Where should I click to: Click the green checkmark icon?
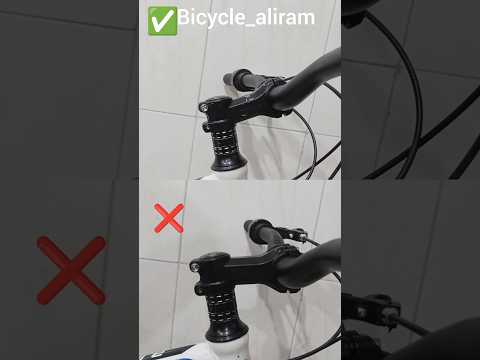click(x=162, y=21)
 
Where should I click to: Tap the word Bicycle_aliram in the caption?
click(x=246, y=17)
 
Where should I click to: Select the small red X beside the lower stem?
click(x=169, y=218)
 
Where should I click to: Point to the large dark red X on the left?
click(x=71, y=270)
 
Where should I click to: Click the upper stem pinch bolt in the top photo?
click(x=204, y=107)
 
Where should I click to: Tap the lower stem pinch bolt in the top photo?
click(x=206, y=127)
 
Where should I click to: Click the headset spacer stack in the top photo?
click(x=224, y=144)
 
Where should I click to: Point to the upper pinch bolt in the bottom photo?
click(x=195, y=267)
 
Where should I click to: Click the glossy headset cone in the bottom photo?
click(x=227, y=332)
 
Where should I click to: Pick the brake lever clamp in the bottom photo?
click(x=291, y=233)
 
